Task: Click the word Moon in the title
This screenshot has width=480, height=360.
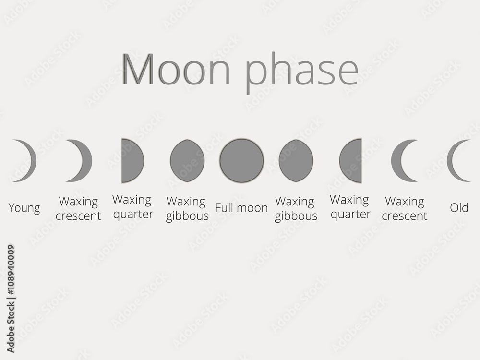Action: pyautogui.click(x=176, y=70)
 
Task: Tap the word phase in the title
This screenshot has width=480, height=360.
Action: pyautogui.click(x=302, y=72)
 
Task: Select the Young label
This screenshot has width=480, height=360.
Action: pyautogui.click(x=24, y=208)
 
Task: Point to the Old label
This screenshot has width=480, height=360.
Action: pyautogui.click(x=459, y=208)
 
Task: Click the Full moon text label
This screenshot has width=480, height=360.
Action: pyautogui.click(x=241, y=208)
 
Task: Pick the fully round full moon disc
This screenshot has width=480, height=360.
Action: pyautogui.click(x=241, y=160)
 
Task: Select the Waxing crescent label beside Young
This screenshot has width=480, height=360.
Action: pyautogui.click(x=78, y=208)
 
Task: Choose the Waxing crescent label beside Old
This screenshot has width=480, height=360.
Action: pyautogui.click(x=405, y=208)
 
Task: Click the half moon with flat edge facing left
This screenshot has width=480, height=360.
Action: pyautogui.click(x=132, y=160)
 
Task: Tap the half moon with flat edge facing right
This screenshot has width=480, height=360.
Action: pyautogui.click(x=351, y=160)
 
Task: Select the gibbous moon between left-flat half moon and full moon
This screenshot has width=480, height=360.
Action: pyautogui.click(x=187, y=160)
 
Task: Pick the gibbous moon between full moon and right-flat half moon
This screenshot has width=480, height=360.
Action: pyautogui.click(x=296, y=160)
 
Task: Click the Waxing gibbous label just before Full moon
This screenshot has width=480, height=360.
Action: pyautogui.click(x=187, y=208)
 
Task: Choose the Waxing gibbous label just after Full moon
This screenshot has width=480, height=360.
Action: pyautogui.click(x=296, y=208)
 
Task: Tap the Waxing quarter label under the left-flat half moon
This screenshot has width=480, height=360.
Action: pyautogui.click(x=132, y=206)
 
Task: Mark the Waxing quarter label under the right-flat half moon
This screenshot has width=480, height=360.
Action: pyautogui.click(x=350, y=206)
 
